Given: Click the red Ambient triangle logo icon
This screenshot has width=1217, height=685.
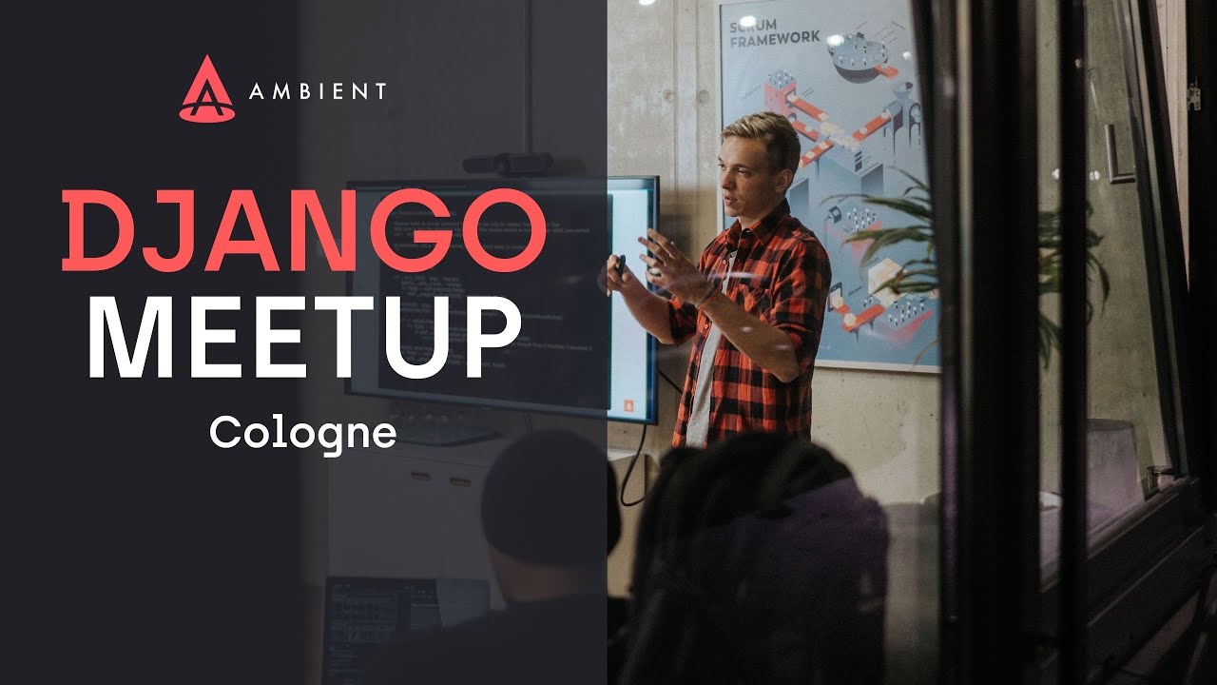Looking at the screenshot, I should tap(206, 89).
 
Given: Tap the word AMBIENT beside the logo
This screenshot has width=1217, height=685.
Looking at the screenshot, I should tap(318, 91).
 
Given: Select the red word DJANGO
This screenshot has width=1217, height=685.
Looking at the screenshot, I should tap(303, 230).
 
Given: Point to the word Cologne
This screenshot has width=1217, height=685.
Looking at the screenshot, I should tap(302, 433).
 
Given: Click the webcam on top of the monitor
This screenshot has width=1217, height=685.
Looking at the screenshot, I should tap(507, 163).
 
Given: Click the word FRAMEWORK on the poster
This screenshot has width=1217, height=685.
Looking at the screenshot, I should tap(774, 37).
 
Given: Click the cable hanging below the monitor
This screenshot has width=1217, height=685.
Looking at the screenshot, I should tap(640, 466).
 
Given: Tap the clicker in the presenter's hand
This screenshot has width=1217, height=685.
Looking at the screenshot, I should tap(618, 264).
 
